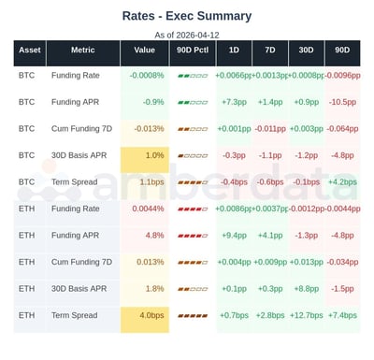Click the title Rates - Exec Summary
187,15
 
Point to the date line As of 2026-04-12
187,34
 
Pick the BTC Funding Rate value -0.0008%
144,75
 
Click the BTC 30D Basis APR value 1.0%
155,154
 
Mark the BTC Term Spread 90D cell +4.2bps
341,181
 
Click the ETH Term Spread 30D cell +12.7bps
306,315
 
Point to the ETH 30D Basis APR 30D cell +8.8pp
306,288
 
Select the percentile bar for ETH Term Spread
192,315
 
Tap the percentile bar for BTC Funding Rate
192,75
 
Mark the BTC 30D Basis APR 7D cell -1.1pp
269,154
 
